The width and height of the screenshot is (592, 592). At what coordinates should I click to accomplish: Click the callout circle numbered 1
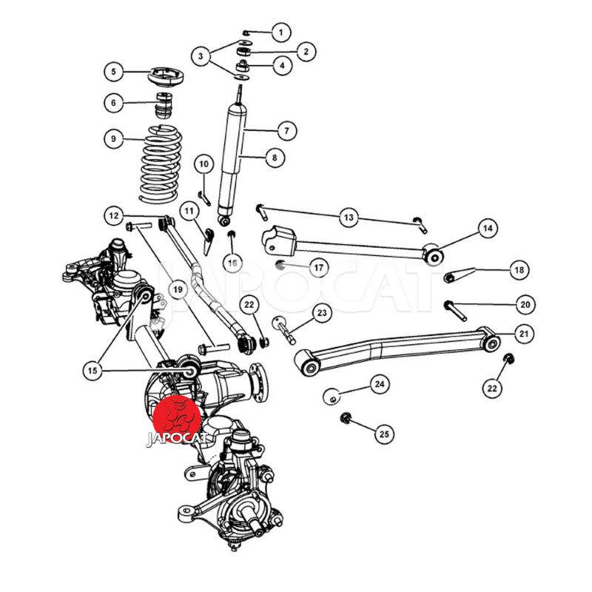point(280,33)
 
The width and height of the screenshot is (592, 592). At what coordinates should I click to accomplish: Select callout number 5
point(114,72)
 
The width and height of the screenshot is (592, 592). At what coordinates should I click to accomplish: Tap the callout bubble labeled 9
point(113,138)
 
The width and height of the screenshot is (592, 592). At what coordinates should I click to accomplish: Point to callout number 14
point(486,229)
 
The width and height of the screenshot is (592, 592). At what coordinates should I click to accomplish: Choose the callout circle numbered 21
point(524,334)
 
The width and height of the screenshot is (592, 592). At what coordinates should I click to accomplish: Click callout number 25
point(383,433)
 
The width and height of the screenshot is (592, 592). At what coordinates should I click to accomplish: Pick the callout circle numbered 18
point(518,271)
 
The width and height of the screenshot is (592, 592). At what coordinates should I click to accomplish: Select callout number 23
point(321,314)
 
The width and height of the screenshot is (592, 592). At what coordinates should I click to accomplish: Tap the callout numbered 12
point(113,216)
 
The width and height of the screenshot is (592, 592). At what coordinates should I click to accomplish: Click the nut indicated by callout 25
point(345,419)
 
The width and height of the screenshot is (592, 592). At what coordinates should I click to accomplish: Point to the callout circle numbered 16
point(232,263)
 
